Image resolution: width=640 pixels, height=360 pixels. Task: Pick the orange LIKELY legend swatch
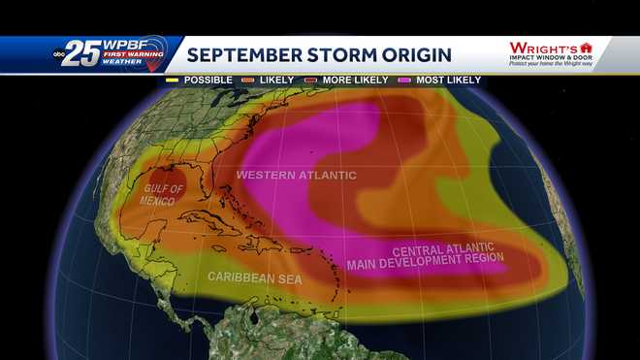click(x=249, y=80)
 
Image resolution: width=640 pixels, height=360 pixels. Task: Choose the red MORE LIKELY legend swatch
click(x=311, y=80)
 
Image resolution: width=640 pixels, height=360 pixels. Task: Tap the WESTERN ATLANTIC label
click(x=297, y=176)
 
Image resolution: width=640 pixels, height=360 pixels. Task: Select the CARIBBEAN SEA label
click(x=255, y=278)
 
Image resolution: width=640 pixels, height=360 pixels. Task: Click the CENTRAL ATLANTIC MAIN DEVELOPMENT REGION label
click(x=426, y=254)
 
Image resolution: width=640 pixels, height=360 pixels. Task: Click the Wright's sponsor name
click(x=542, y=47)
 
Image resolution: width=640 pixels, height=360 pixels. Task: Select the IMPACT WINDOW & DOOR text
click(x=550, y=57)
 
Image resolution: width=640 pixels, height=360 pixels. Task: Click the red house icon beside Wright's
click(x=586, y=47)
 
